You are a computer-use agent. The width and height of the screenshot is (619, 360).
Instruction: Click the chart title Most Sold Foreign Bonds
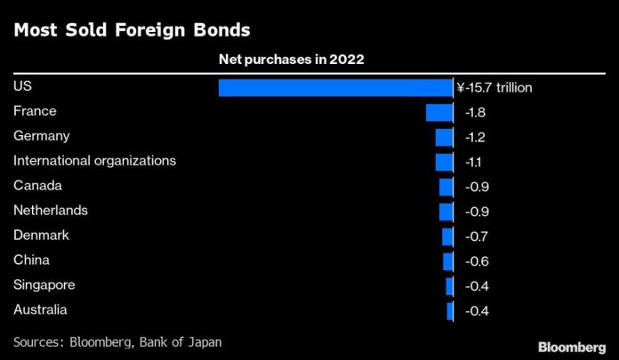point(132,30)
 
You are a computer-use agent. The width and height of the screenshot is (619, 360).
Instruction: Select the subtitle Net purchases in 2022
point(292,60)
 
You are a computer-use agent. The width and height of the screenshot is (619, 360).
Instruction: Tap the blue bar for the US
point(335,87)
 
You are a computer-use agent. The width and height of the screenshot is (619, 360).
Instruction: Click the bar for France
point(439,112)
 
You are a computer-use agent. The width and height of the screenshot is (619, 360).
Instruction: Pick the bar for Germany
point(444,137)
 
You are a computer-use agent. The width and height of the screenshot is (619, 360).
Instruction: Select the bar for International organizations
point(444,162)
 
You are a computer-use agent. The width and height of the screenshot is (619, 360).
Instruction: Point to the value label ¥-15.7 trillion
point(494,88)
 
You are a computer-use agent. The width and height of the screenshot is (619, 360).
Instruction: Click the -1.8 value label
point(475,113)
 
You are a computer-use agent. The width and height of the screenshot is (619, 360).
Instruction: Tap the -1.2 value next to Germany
point(475,138)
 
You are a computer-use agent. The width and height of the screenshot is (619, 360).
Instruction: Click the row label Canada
point(37,186)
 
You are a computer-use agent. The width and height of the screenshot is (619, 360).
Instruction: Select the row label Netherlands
point(51,211)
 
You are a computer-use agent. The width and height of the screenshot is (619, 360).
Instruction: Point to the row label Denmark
point(41,236)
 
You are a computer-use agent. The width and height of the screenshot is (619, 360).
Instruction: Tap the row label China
point(32,260)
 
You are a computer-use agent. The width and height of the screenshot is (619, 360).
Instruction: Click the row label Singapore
point(44,285)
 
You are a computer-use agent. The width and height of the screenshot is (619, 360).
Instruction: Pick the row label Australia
point(41,310)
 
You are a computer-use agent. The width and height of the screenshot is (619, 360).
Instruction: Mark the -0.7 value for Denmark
point(476,236)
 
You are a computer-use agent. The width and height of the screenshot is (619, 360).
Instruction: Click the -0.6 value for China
point(476,261)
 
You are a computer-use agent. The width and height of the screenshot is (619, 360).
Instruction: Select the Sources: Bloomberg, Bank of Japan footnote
point(117,341)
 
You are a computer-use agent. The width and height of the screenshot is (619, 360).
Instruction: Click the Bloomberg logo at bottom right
point(572,344)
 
